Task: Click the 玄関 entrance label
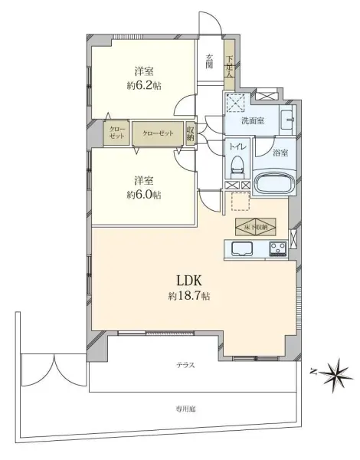coord(210,61)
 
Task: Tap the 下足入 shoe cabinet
coord(229,61)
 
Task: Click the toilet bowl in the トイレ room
coord(236,163)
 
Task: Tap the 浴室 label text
coord(281,153)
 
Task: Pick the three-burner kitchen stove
coord(277,248)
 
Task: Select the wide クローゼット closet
coord(158,132)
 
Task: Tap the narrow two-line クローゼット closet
coord(116,133)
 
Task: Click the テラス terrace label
coord(185,365)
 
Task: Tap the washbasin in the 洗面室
coord(288,120)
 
